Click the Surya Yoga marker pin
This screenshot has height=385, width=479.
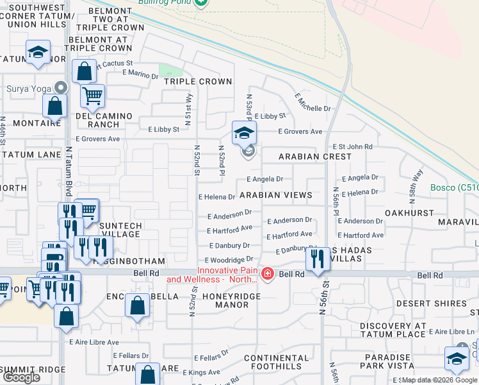pyautogui.click(x=61, y=87)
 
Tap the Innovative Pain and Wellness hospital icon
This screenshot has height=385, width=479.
pyautogui.click(x=267, y=275)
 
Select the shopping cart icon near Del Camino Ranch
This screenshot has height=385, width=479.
pyautogui.click(x=92, y=97)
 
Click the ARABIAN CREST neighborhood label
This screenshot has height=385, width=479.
pyautogui.click(x=314, y=157)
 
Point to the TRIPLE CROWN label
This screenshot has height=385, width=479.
pyautogui.click(x=197, y=81)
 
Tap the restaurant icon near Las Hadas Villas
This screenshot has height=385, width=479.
pyautogui.click(x=317, y=259)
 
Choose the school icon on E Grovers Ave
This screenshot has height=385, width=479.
pyautogui.click(x=243, y=133)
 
